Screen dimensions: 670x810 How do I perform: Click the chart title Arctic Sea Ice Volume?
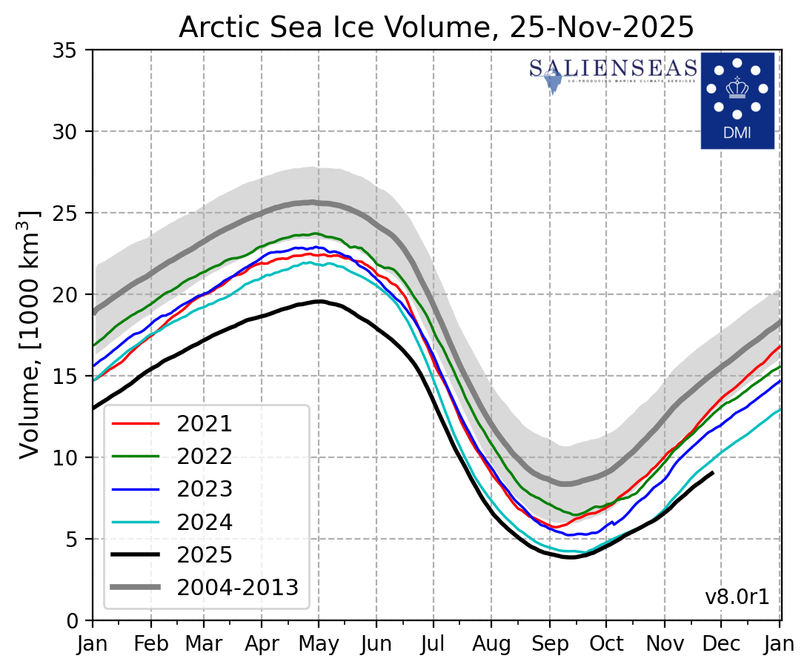click(436, 27)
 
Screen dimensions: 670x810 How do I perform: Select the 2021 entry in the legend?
click(204, 424)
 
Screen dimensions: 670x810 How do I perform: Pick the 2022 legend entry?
click(204, 457)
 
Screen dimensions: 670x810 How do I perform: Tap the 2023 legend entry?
click(204, 489)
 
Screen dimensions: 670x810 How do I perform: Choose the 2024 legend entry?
click(204, 522)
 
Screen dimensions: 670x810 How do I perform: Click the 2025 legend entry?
click(204, 554)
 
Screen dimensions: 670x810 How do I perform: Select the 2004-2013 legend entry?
click(236, 587)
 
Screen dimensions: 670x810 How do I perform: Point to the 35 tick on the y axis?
click(73, 50)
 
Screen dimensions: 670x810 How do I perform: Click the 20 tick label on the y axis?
click(73, 295)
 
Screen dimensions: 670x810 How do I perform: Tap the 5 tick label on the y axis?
click(78, 539)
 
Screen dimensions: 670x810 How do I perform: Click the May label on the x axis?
click(319, 645)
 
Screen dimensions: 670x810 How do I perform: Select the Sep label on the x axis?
click(550, 645)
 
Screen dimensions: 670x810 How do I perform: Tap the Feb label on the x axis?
click(151, 645)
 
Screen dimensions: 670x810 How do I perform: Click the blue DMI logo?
click(737, 100)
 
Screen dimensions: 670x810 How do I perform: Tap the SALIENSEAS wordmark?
click(614, 69)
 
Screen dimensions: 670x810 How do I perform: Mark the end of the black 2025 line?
click(713, 472)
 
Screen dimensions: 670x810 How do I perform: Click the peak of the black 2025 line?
click(318, 301)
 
